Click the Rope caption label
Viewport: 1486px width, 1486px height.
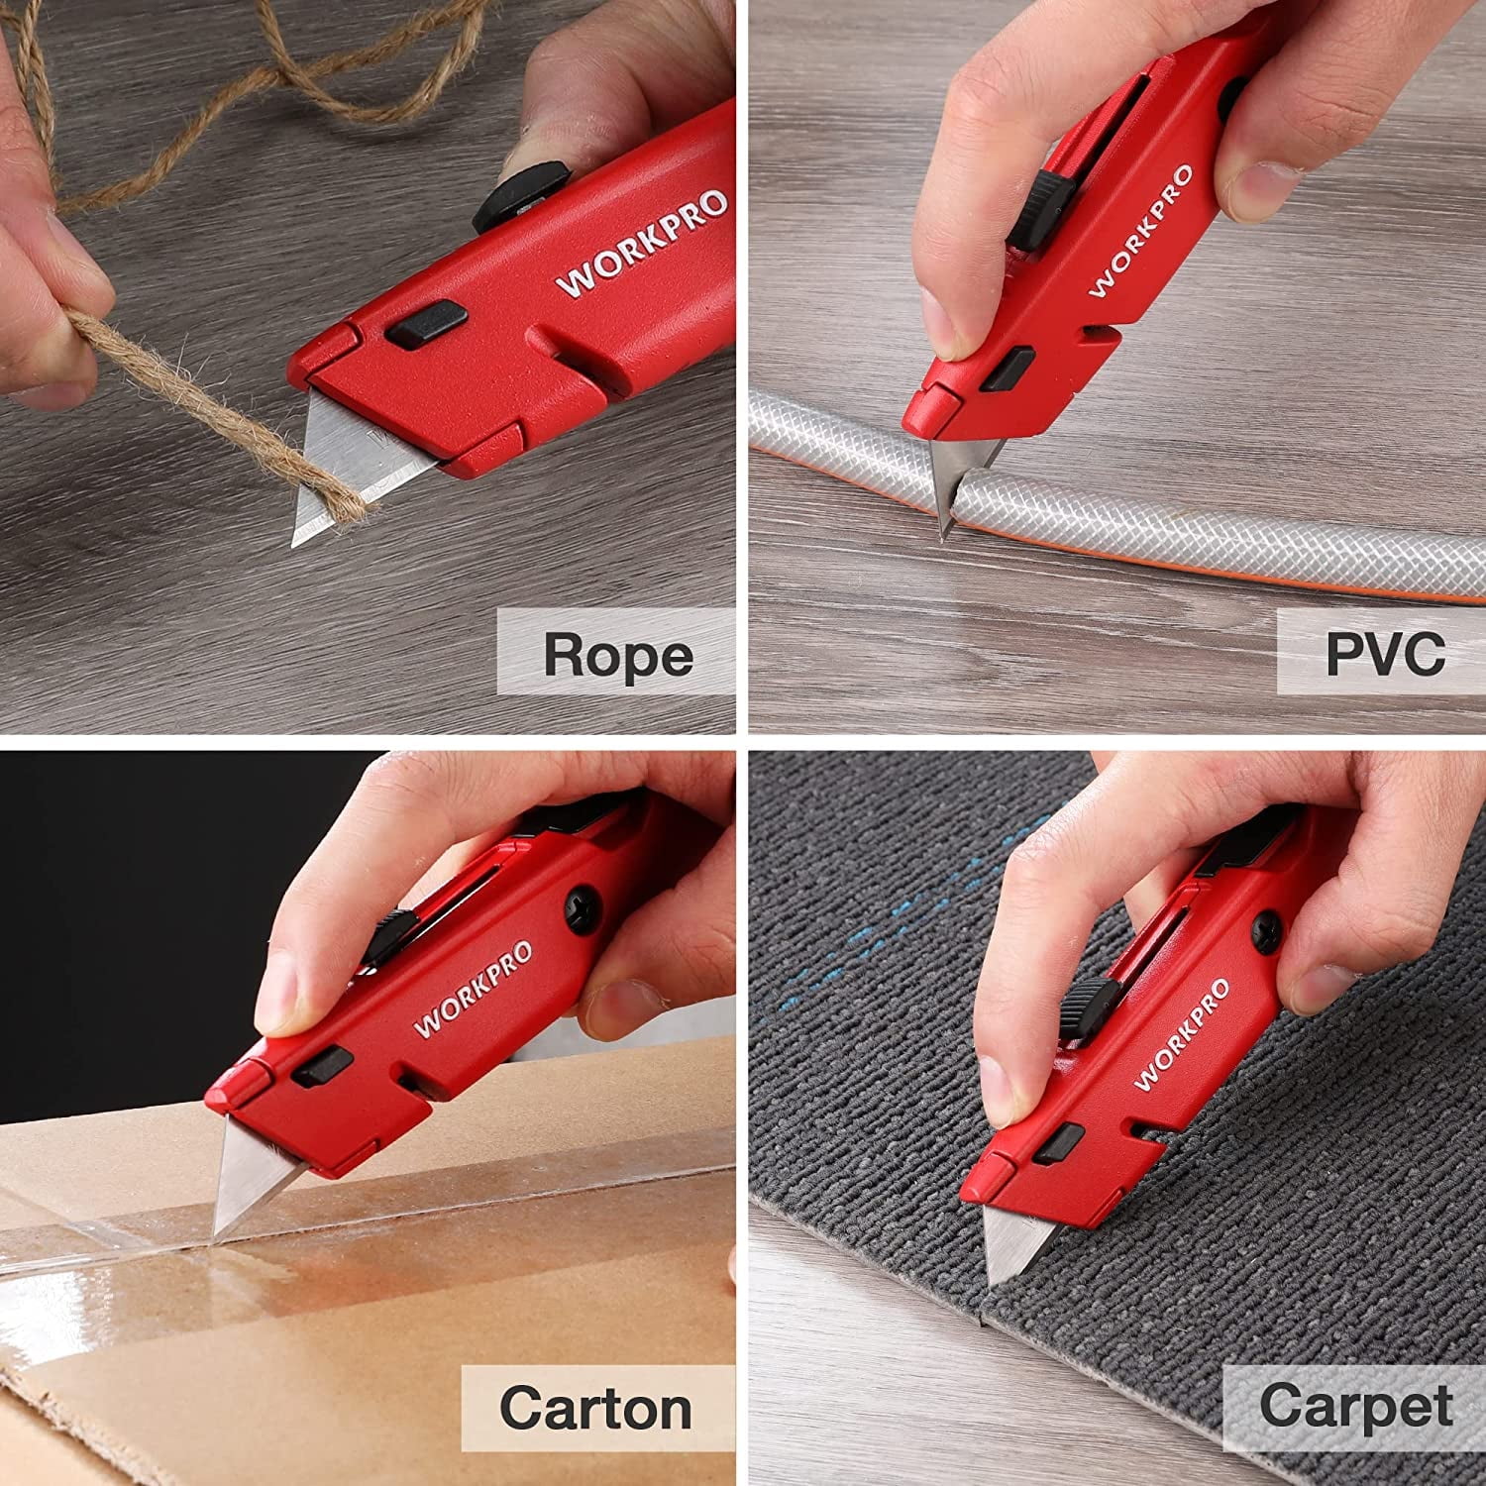[616, 654]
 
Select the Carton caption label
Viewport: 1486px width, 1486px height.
[596, 1407]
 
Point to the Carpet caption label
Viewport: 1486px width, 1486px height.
[1355, 1405]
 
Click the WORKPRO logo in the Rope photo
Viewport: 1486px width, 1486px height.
[642, 244]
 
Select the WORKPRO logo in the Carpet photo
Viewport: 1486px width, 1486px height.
[1182, 1033]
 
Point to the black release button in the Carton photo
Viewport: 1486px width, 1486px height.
[321, 1070]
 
